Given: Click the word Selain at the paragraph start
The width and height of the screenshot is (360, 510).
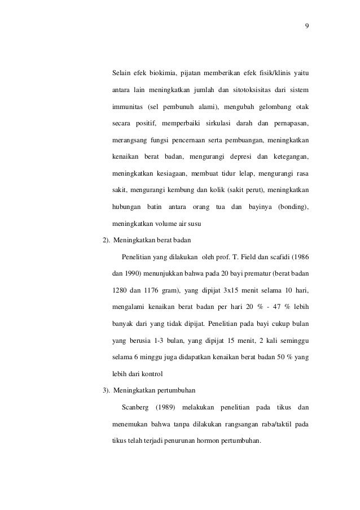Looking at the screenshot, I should point(122,73).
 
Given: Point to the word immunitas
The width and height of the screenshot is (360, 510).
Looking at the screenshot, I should point(127,107).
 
